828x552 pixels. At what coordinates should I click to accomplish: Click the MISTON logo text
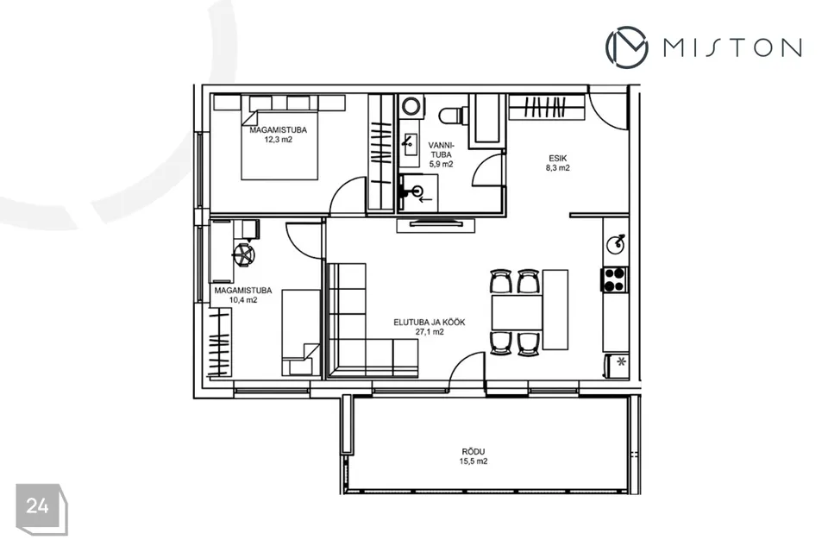[x=732, y=47]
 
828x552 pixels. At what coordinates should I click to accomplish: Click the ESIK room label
[x=558, y=158]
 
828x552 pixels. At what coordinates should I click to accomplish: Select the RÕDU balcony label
[x=474, y=452]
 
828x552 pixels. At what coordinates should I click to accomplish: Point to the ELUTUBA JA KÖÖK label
[x=430, y=323]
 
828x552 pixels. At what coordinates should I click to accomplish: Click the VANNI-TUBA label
[x=441, y=149]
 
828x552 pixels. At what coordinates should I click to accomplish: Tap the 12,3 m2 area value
[x=279, y=140]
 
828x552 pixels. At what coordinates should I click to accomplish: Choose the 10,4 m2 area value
[x=243, y=300]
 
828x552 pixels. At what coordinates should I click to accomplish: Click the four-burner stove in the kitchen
[x=613, y=279]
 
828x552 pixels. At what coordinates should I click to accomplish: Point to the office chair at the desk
[x=244, y=254]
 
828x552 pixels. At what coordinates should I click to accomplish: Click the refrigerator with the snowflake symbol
[x=616, y=366]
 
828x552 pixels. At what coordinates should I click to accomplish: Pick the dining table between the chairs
[x=517, y=312]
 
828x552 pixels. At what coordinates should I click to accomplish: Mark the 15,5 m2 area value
[x=474, y=461]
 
